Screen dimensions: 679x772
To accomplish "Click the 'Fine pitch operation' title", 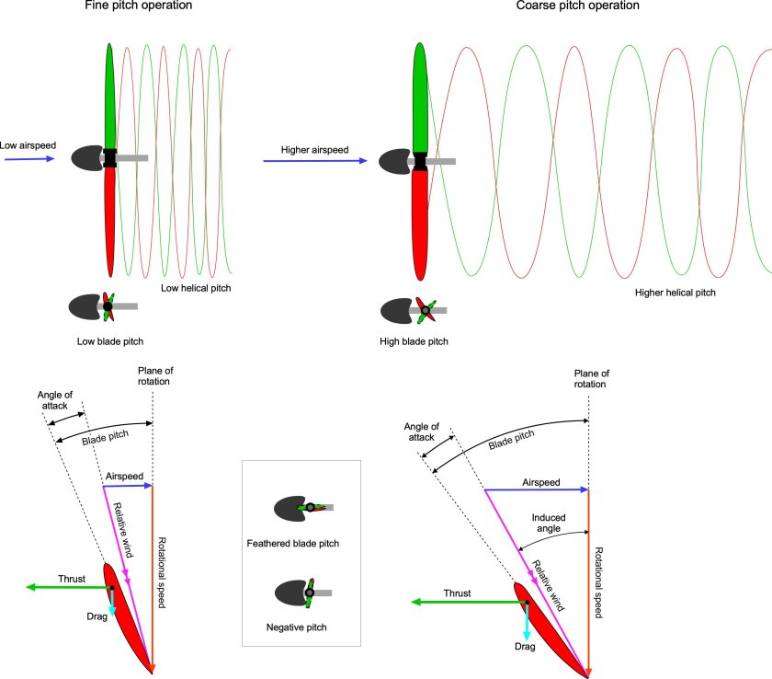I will click(x=163, y=6).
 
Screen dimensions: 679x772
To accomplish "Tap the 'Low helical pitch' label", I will click(x=196, y=288).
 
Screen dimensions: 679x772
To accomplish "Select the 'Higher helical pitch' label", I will click(x=675, y=293).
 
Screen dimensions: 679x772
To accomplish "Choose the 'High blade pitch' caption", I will click(x=414, y=340).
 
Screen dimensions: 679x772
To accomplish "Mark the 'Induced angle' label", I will click(x=548, y=524).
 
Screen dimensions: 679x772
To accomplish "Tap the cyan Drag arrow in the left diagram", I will click(x=112, y=603).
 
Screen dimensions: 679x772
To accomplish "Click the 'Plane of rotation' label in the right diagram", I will click(x=591, y=379).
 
